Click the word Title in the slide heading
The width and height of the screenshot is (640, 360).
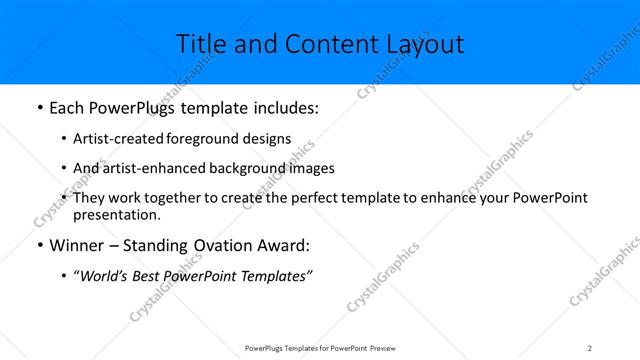(x=199, y=44)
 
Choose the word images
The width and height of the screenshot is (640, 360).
(x=311, y=168)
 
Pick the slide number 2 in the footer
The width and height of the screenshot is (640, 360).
(x=590, y=347)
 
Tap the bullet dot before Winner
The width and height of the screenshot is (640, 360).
(x=38, y=245)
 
